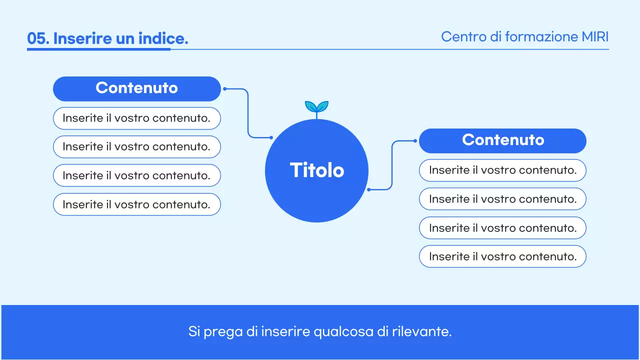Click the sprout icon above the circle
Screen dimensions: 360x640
pos(316,107)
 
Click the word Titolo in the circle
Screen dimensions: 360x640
pos(317,170)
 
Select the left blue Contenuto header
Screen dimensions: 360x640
pos(136,88)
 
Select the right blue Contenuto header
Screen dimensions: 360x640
pos(502,140)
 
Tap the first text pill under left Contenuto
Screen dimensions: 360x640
pos(136,118)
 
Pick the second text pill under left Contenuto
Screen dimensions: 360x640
pos(136,147)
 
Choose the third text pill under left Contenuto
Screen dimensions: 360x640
pos(136,175)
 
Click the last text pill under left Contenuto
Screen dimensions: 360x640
pos(136,204)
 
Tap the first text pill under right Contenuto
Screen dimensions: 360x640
pos(502,170)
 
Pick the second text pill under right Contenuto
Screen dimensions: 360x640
pos(502,199)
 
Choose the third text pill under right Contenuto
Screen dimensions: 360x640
pos(502,228)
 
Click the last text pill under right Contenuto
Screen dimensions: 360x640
pos(502,256)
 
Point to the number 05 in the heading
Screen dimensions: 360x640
pos(37,38)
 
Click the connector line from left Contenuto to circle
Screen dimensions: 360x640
pos(248,113)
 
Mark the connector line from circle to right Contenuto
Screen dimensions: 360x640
pos(392,165)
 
